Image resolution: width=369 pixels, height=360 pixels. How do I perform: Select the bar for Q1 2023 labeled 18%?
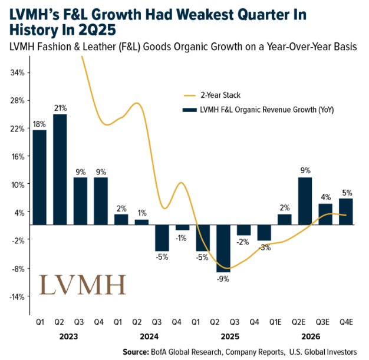pos(39,177)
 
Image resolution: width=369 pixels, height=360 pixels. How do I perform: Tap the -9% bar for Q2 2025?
pos(223,248)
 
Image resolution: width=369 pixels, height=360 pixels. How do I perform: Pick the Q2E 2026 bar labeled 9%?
pos(305,201)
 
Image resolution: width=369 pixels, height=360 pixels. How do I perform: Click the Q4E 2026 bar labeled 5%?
pos(346,212)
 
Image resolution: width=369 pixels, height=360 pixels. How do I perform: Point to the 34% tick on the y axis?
pos(17,72)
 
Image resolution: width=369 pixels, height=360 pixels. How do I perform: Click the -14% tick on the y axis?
pos(16,296)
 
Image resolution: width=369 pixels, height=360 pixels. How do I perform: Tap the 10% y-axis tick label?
pos(17,184)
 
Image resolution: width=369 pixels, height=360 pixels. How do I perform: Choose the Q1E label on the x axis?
pos(284,322)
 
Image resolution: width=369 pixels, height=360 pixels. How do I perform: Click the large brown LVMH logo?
pos(82,285)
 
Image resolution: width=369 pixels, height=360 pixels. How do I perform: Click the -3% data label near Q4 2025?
pos(265,247)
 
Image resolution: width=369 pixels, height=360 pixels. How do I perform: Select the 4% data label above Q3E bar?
pos(325,197)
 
